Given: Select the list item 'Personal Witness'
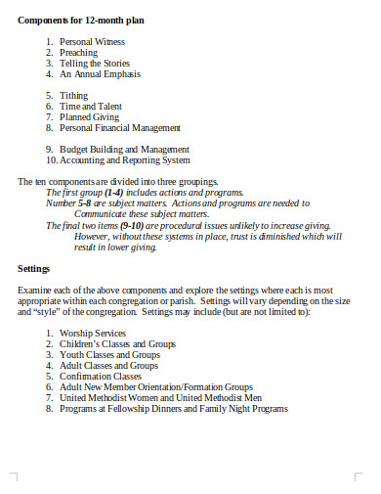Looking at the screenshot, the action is coord(94,42).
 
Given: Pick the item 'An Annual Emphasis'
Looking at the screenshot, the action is coord(100,73).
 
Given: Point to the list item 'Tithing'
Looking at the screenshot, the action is coord(74,96).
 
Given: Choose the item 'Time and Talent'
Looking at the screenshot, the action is coord(92,106).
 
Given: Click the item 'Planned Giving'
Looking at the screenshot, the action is coord(90,116).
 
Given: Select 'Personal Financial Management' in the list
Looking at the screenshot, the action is coord(120,127).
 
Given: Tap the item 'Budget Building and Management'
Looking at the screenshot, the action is coord(124,150).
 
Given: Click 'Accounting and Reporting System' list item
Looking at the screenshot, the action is coord(125,160).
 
